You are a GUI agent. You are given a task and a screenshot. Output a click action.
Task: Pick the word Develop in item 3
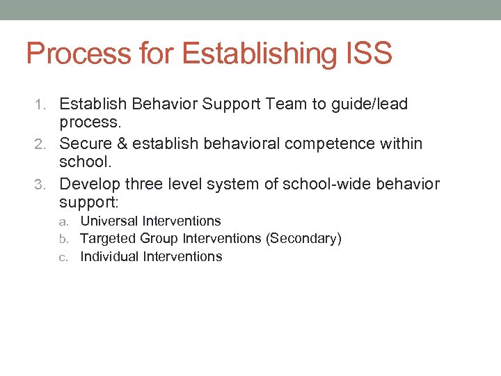point(89,184)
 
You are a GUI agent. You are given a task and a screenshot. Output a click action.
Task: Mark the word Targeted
point(108,239)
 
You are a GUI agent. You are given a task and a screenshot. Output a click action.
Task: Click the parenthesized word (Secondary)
point(303,239)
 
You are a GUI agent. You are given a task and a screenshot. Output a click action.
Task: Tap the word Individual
point(109,257)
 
